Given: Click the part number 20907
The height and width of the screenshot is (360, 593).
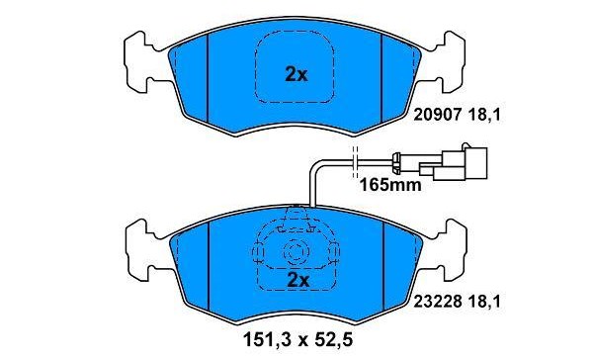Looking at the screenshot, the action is click(438, 115).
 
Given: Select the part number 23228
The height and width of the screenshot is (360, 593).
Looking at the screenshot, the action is click(438, 302).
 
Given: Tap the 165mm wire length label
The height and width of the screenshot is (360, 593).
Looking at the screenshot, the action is click(390, 186).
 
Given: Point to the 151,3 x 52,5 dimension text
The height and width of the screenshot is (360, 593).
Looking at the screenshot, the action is click(297, 339).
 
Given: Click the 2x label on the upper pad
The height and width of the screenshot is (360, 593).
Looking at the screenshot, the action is click(296, 75).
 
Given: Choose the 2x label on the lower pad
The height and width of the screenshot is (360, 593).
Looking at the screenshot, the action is click(298, 280).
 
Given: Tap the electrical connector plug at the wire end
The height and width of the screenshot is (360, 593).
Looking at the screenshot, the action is click(454, 163).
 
